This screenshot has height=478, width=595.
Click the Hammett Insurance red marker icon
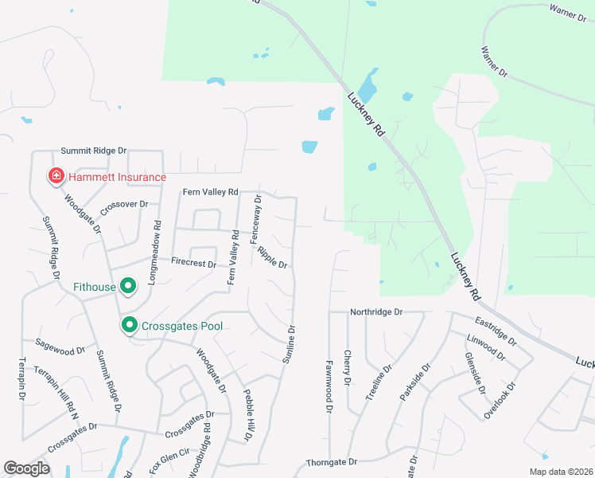click(x=56, y=176)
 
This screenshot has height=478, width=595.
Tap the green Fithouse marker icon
click(x=126, y=285)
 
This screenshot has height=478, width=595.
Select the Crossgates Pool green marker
click(x=128, y=325)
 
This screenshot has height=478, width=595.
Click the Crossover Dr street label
click(x=125, y=210)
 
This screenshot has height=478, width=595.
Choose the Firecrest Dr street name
click(x=194, y=262)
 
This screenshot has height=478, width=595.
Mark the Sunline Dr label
click(x=290, y=345)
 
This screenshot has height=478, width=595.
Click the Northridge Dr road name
click(x=377, y=312)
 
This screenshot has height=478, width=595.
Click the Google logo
click(x=26, y=468)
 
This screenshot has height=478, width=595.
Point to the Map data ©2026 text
click(x=561, y=472)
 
